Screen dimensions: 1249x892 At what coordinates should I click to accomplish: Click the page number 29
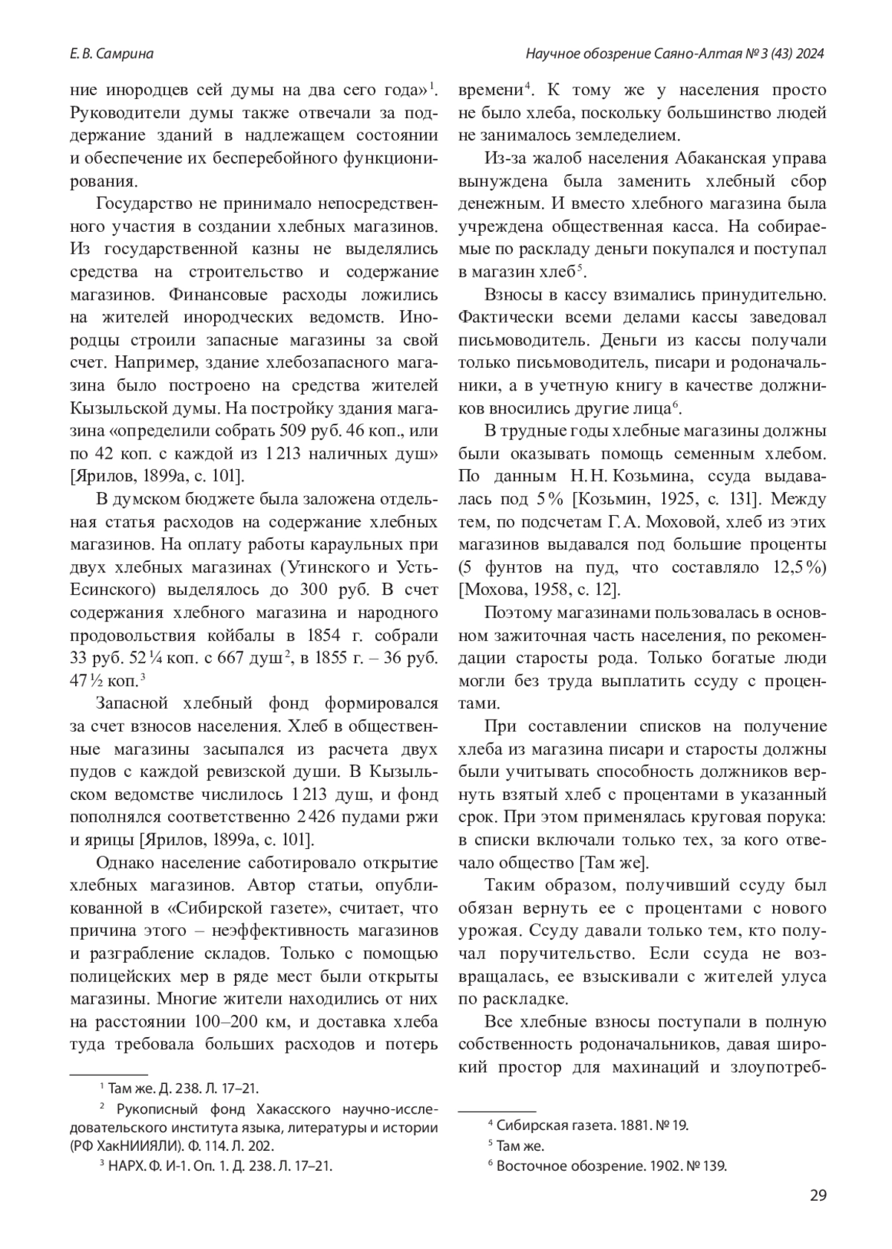(x=817, y=1196)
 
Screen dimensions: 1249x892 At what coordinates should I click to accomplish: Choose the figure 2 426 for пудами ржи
(x=308, y=817)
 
